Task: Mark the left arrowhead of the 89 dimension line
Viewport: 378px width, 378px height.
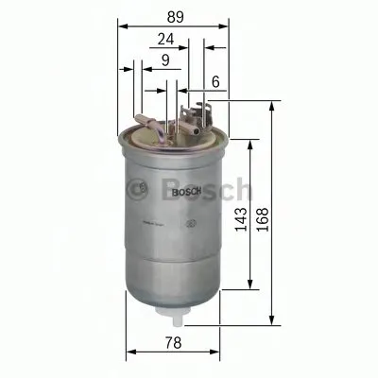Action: [x=120, y=26]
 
